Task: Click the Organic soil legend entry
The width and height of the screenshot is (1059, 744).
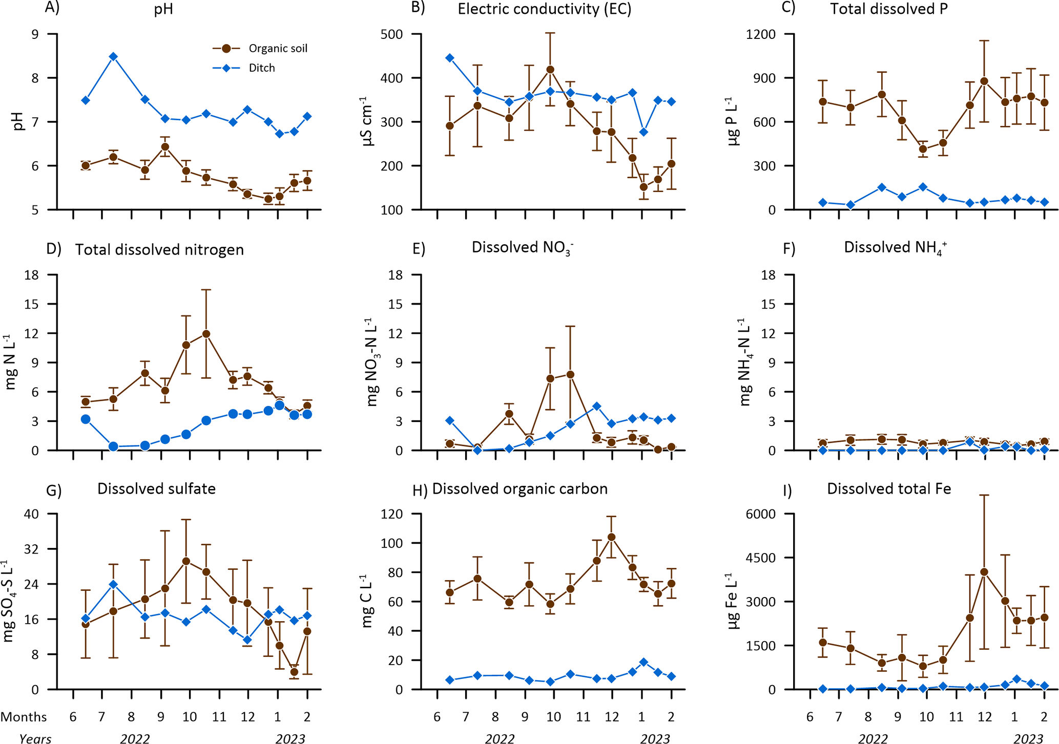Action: click(278, 49)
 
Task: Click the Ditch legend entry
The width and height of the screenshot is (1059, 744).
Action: click(261, 68)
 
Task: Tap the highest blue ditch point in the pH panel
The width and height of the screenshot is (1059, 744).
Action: click(113, 56)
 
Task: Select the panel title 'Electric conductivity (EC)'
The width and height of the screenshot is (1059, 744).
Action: click(544, 9)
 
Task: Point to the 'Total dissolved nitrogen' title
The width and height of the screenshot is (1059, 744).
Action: click(159, 250)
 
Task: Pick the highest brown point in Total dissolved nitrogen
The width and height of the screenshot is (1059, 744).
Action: click(206, 334)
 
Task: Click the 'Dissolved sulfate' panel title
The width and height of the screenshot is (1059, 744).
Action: click(156, 489)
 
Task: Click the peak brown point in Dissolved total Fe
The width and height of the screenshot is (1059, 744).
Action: click(984, 572)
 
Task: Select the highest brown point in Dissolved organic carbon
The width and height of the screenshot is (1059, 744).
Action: click(611, 537)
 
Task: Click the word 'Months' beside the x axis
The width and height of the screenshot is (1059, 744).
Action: click(24, 717)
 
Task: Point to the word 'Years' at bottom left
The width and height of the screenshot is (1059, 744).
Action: click(35, 738)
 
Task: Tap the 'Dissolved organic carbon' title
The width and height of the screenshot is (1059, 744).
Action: click(520, 489)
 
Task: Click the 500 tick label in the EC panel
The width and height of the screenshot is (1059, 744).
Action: click(392, 34)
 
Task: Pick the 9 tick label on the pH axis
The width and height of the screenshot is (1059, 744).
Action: click(35, 34)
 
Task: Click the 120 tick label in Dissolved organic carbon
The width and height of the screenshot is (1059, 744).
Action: click(392, 514)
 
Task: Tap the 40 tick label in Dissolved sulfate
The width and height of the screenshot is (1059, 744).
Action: click(32, 514)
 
